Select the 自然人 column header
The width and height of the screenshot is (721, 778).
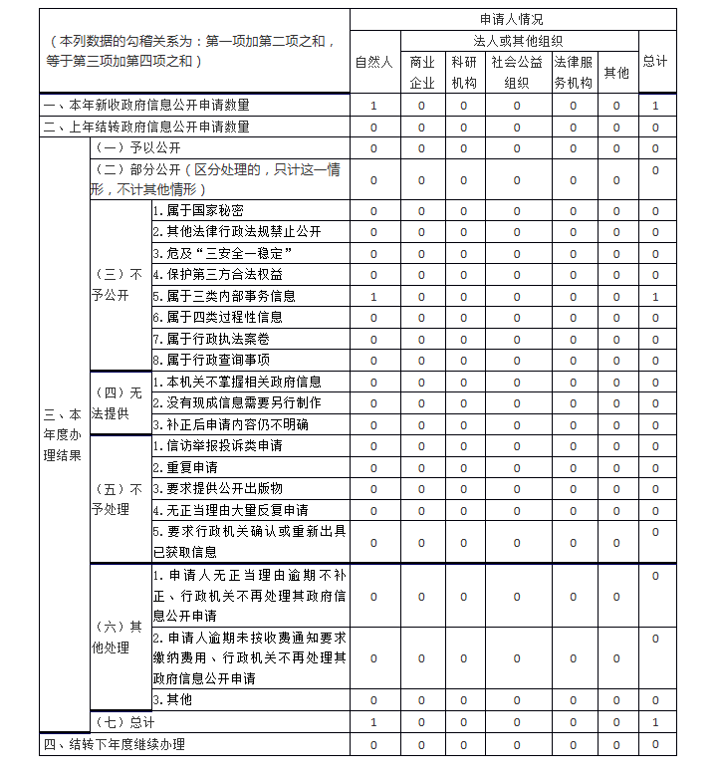click(373, 62)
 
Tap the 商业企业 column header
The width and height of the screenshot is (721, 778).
click(421, 73)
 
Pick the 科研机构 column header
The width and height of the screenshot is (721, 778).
click(463, 73)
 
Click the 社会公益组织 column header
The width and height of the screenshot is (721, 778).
click(516, 73)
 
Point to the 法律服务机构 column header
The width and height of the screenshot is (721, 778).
click(573, 73)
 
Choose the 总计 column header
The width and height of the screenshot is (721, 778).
click(654, 62)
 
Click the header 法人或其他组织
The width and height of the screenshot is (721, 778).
click(517, 41)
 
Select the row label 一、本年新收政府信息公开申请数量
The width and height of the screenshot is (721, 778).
click(145, 106)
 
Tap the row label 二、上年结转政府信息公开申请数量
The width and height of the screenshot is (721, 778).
click(145, 127)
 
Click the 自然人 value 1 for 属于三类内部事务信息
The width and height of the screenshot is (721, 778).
click(373, 297)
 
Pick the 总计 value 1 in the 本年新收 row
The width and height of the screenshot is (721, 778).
click(655, 106)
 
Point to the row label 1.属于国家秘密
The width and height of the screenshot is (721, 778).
click(198, 211)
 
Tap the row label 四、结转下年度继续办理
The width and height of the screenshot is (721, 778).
click(114, 744)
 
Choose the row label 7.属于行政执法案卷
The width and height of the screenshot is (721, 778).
click(211, 340)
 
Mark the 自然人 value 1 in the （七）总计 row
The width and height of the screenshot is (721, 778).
click(373, 721)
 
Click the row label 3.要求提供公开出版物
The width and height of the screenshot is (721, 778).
click(217, 488)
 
